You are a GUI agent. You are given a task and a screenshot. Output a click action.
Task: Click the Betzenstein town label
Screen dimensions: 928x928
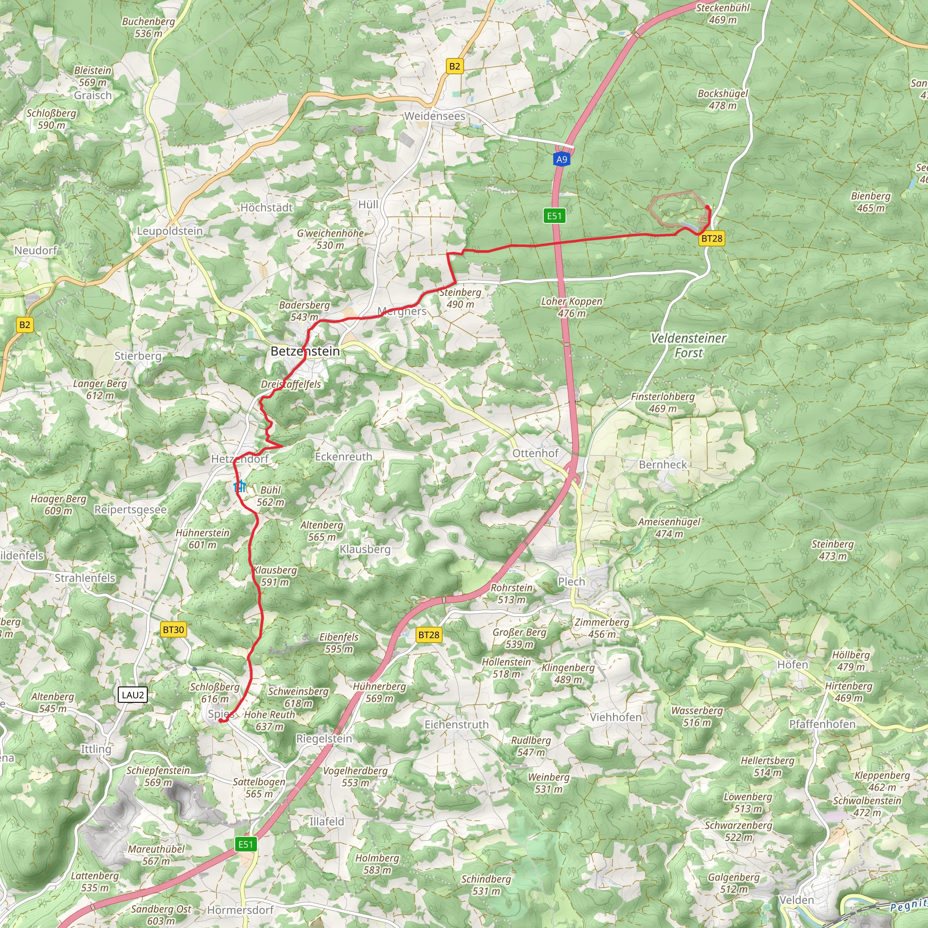click(x=305, y=351)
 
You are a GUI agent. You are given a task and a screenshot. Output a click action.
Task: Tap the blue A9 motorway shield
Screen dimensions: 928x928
click(x=561, y=159)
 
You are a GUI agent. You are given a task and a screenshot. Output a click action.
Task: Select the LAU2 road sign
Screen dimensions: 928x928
click(x=133, y=695)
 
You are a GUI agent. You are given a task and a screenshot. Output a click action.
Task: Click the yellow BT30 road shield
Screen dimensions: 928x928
click(x=174, y=630)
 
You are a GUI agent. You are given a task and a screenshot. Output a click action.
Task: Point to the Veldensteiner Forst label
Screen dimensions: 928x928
click(x=688, y=345)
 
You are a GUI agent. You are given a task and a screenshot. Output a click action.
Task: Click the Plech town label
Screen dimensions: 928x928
click(x=571, y=582)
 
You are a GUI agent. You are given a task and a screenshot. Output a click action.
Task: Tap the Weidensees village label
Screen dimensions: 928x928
click(x=435, y=116)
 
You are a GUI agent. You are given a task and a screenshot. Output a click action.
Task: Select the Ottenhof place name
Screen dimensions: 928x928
click(x=536, y=454)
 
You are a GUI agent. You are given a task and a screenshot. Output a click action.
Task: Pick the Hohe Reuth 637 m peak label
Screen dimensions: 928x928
click(x=270, y=720)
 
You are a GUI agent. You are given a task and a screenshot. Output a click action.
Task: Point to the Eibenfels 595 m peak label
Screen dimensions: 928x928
click(x=338, y=643)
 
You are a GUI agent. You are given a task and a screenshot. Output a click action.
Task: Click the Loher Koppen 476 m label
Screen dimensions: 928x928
click(x=571, y=307)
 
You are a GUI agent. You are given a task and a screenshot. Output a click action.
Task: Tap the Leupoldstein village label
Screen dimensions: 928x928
click(x=170, y=231)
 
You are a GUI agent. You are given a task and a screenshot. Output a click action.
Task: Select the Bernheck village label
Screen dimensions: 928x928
click(x=663, y=464)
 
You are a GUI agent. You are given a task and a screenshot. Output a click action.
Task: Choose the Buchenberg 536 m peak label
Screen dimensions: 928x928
click(x=149, y=27)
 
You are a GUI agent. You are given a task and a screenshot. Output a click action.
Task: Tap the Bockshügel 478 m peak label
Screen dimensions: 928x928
click(x=722, y=99)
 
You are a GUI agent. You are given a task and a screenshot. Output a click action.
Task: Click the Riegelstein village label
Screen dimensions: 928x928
click(x=324, y=739)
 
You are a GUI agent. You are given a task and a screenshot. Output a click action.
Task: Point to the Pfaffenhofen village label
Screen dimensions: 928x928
click(x=822, y=724)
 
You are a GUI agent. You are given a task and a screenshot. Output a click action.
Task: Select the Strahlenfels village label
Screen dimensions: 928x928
click(x=85, y=578)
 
